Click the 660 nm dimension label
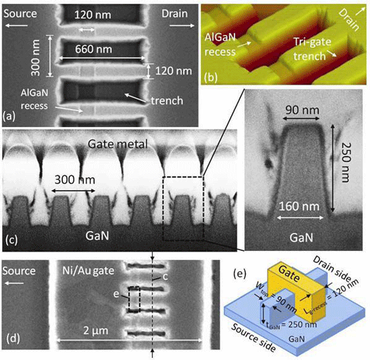pos(94,49)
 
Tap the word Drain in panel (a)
pos(175,14)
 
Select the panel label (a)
pos(9,117)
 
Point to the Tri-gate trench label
pos(312,49)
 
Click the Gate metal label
pos(118,144)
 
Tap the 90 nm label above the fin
pos(302,110)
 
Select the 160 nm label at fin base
pos(299,206)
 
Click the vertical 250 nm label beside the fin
pos(346,162)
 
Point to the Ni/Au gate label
pos(88,271)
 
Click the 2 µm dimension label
pos(96,331)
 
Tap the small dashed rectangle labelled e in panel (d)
pos(134,299)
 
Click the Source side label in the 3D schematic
pos(253,338)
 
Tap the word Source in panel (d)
pos(19,271)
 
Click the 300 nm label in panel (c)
pos(75,180)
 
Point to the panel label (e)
pos(239,274)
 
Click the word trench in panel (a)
pos(167,101)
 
